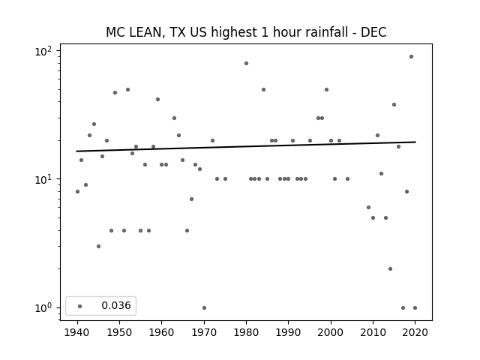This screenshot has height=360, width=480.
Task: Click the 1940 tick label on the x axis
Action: pos(77,332)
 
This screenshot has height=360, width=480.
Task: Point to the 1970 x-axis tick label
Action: pos(204,332)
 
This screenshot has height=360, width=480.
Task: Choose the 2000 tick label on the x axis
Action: pos(331,332)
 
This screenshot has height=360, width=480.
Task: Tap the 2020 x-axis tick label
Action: pos(415,332)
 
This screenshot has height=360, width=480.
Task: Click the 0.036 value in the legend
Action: pos(116,305)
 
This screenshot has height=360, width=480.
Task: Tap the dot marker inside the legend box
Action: pos(80,306)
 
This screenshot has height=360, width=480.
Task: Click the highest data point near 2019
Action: pos(411,57)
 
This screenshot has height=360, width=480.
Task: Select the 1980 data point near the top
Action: pos(246,63)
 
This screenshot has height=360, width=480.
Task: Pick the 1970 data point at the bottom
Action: pos(204,307)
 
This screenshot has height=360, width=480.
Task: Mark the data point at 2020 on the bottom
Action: pos(415,307)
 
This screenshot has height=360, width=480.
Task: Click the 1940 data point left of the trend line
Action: pos(77,192)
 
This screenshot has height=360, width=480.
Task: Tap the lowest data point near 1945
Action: pos(98,246)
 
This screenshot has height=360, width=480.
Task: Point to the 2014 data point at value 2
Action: pos(390,268)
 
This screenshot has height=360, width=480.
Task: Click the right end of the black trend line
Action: pos(415,142)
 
